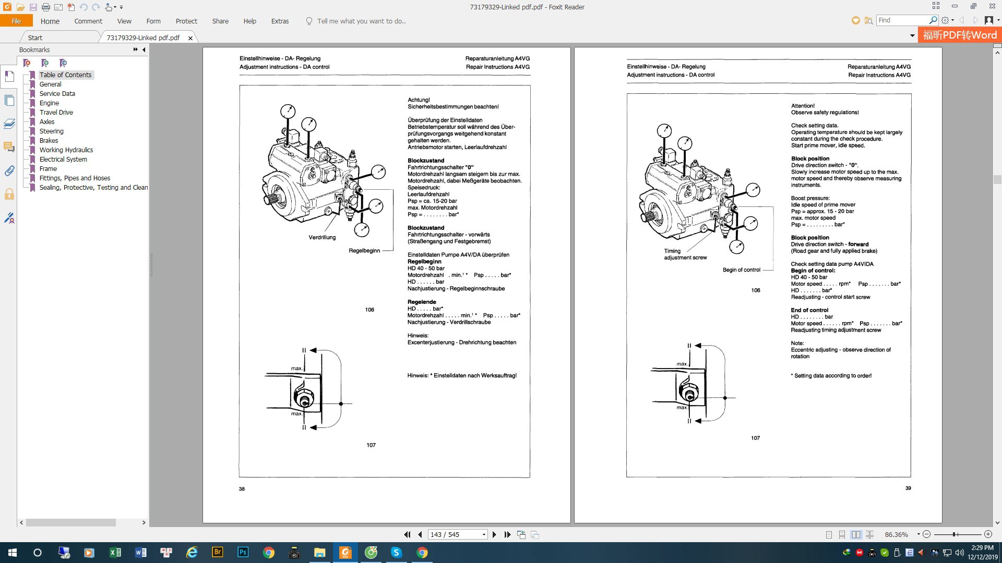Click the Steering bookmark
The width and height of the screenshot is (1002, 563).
(x=51, y=131)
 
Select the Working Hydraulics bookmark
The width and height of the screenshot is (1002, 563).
(x=66, y=150)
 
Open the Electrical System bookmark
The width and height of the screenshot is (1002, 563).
(x=63, y=160)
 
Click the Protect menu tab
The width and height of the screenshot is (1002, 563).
(x=186, y=21)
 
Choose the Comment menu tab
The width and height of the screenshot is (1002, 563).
(x=88, y=21)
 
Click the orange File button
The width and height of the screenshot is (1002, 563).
(x=16, y=21)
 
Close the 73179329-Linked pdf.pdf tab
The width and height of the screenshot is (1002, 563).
(x=190, y=38)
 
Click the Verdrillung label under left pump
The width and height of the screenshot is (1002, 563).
(x=322, y=238)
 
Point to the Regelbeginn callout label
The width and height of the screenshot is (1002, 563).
(x=364, y=251)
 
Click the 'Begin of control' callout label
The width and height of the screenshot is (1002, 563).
(x=741, y=270)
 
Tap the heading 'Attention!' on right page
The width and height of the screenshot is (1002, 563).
(x=803, y=106)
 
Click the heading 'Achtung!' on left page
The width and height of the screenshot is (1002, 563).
(x=419, y=100)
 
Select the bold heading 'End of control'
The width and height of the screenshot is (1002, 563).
(x=809, y=310)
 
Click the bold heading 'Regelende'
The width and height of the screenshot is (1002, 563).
(x=422, y=302)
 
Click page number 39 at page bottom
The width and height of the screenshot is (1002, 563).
(x=908, y=488)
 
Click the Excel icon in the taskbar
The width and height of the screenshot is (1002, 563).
(x=115, y=553)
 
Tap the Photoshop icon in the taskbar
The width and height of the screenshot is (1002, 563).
(x=243, y=553)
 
